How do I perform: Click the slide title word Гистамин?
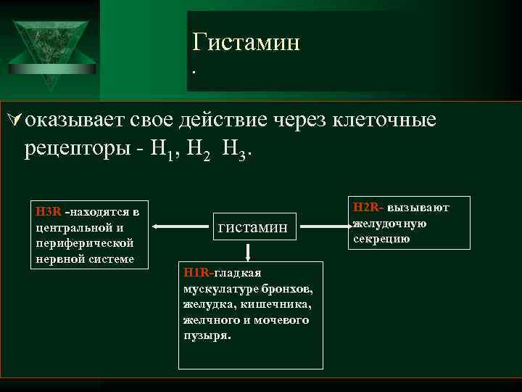coord(246,43)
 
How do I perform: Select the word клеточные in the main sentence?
coord(384,120)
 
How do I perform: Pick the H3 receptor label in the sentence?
coord(233,150)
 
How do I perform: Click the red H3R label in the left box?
coord(49,212)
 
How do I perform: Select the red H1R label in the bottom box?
coord(197,272)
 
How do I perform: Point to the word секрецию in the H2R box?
coord(381,239)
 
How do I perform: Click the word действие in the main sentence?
coord(216,120)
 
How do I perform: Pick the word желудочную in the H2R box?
coord(389,224)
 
